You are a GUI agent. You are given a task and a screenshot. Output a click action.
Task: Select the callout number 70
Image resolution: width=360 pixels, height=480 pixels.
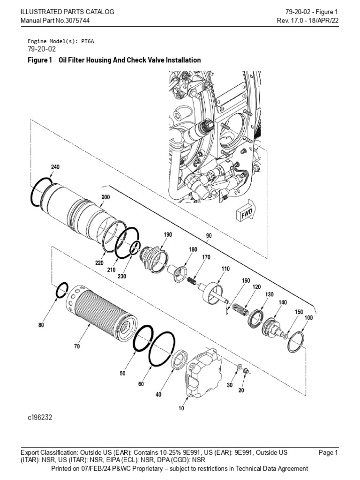pos(76,346)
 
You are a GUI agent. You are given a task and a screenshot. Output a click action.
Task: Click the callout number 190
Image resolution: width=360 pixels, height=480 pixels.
pos(168,234)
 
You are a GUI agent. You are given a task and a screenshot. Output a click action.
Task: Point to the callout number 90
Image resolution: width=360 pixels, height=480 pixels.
pos(209,236)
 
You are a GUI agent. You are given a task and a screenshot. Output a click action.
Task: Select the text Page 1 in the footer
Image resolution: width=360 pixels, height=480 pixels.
pos(328,452)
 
